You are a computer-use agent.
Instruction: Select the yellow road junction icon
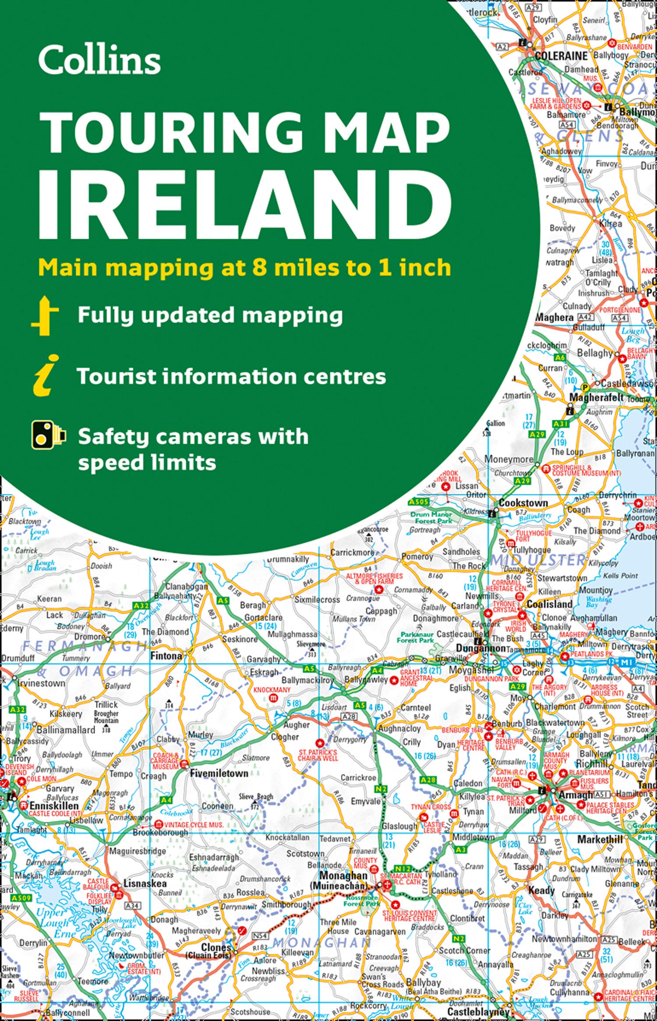tap(45, 316)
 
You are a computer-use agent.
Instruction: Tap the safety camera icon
tap(48, 435)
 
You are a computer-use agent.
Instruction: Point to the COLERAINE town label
tap(561, 56)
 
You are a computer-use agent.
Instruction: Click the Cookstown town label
tap(523, 503)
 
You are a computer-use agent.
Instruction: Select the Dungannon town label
tap(480, 648)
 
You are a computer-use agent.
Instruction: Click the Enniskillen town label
tap(54, 805)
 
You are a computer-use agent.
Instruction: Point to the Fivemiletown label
tap(219, 773)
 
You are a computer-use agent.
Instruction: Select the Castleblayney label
tap(479, 1012)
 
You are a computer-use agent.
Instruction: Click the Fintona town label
tap(166, 656)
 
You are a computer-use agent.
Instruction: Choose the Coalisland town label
tap(549, 604)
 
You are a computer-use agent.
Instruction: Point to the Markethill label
tap(600, 839)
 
